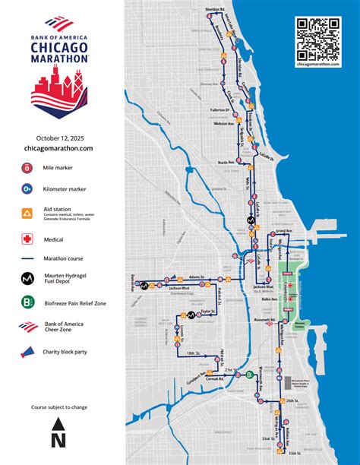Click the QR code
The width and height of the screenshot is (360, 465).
point(318,39)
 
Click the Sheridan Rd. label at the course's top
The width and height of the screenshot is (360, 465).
point(216,8)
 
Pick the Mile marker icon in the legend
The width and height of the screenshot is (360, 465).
point(27,167)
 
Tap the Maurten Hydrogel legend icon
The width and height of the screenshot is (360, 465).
point(27,278)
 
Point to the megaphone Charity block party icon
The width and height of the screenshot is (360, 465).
point(27,353)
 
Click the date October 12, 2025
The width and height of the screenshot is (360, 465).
point(58,137)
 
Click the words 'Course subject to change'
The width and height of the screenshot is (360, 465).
point(58,407)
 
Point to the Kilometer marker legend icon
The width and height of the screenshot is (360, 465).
point(27,187)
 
